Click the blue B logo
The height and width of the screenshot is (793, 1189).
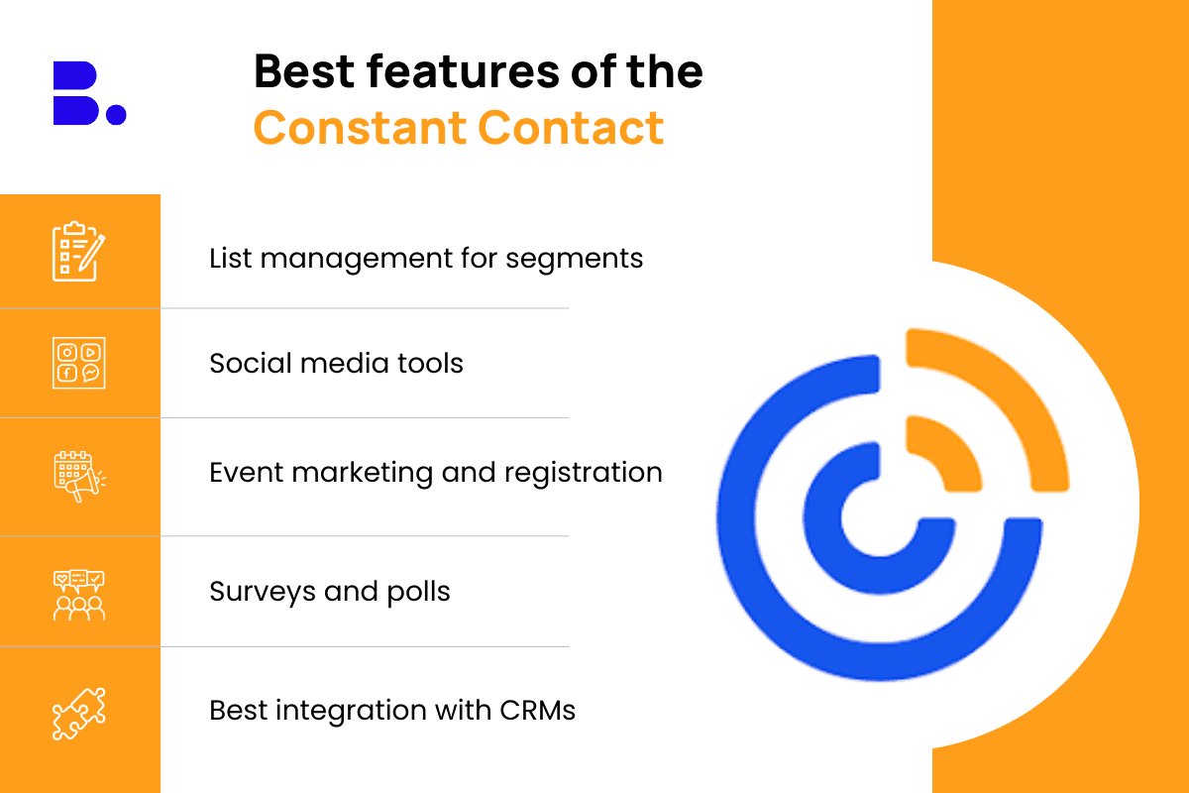pos(76,93)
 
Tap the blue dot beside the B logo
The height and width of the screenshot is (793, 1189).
pos(116,114)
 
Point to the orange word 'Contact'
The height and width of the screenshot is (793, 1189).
pos(571,128)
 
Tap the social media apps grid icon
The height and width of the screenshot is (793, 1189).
pos(79,363)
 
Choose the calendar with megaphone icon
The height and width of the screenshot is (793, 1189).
pos(79,477)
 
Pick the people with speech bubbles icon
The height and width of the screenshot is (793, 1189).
pos(79,596)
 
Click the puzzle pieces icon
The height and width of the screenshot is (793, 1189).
pos(79,714)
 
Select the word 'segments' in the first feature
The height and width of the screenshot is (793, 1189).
pos(574,260)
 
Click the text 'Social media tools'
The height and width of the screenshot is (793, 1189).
pos(336,364)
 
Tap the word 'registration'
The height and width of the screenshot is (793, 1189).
pos(584,473)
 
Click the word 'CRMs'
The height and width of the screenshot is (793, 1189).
pos(537,710)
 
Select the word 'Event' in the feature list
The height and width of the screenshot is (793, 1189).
pos(247,473)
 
